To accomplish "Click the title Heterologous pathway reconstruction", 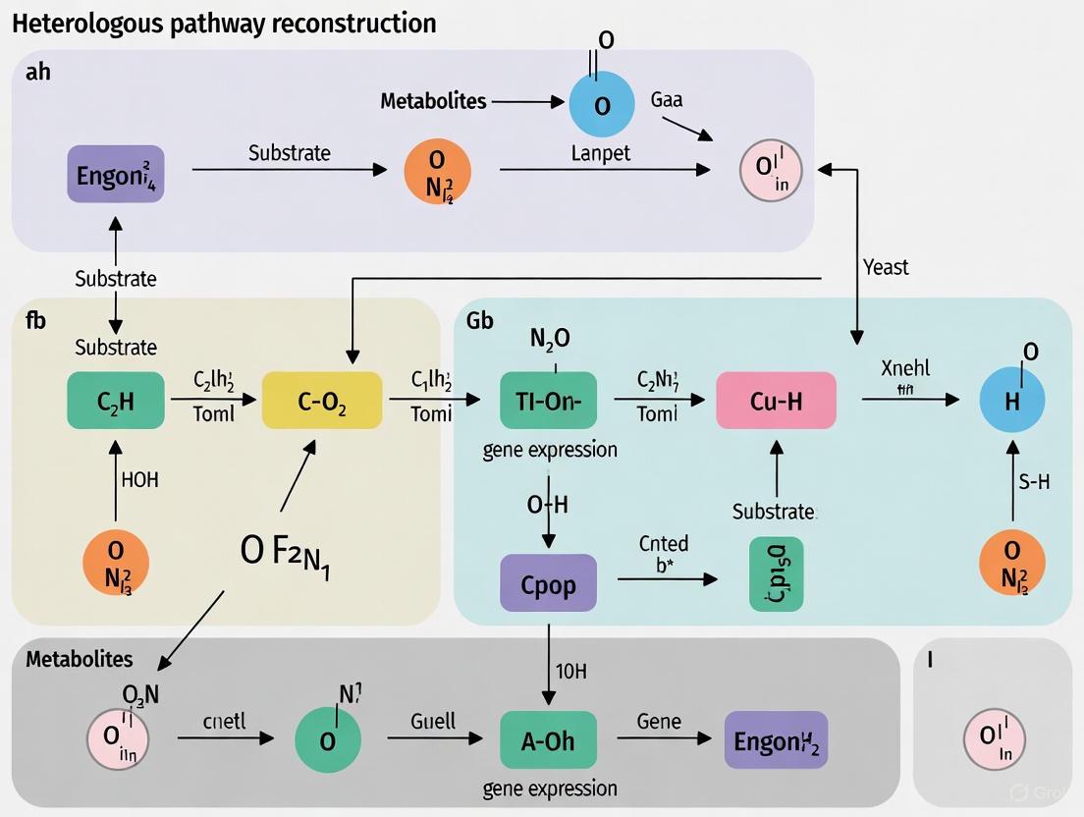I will coord(224,23).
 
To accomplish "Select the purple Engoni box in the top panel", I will coord(116,174).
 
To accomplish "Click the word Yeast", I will coord(886,267).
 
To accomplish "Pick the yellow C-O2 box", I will coord(322,401).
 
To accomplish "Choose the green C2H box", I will coord(116,401).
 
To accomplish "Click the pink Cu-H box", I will coord(777,401).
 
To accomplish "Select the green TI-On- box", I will coord(548,401).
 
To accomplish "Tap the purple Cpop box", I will coord(548,584).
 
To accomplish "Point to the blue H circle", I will coord(1012,401).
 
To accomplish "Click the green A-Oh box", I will coord(548,739).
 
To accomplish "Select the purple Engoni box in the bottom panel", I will coord(777,739).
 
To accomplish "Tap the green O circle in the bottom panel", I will coord(328,739).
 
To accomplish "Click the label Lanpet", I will coord(601,153).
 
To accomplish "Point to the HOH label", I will coord(139,480).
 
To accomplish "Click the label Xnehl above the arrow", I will coord(906,369).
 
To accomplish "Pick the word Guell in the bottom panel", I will coord(433,721).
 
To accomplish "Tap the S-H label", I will coord(1034,481).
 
